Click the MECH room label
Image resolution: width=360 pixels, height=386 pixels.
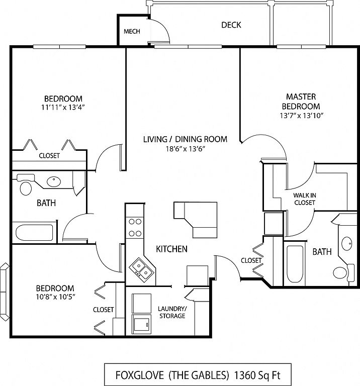coord(132,32)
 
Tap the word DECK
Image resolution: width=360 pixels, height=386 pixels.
coord(231,25)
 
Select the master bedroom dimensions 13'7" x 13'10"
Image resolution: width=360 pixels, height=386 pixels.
coord(301,116)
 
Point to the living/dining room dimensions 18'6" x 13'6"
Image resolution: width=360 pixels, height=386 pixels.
coord(186,149)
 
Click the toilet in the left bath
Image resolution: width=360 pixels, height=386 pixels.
coord(25,185)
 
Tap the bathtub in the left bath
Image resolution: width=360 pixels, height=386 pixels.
coord(34,232)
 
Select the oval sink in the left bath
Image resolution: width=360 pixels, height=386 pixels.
coord(54,181)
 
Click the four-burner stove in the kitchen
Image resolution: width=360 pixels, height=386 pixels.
coord(135,228)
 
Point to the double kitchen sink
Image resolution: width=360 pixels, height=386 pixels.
coord(142,269)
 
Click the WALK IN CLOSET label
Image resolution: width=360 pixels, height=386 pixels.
coord(305,199)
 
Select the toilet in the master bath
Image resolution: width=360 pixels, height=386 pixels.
coord(343,272)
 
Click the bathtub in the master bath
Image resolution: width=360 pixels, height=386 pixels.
coord(295,264)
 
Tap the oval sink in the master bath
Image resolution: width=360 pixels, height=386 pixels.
coord(347,244)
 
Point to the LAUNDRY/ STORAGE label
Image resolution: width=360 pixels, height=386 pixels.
coord(172,312)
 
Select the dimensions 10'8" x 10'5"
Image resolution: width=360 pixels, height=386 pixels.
coord(55,297)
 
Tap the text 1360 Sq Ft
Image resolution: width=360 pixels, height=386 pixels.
coord(257,375)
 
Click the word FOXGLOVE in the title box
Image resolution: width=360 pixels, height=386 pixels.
coord(140,375)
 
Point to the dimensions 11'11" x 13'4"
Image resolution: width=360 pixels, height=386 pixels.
coord(63,107)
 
